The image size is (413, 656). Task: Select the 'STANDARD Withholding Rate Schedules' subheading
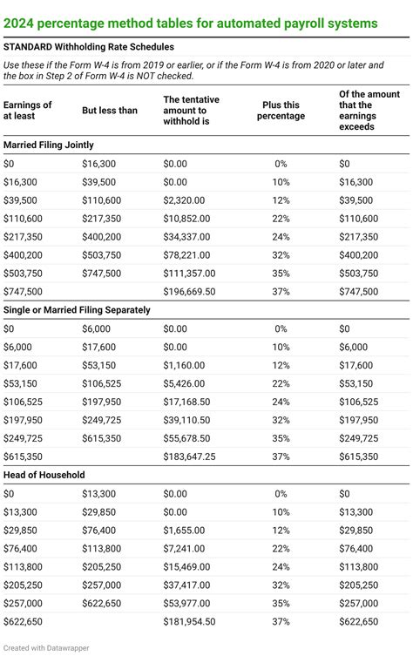click(x=88, y=46)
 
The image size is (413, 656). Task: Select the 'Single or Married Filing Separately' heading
click(x=78, y=309)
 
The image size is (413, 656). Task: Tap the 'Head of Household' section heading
click(x=45, y=476)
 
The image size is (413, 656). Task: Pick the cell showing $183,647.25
click(x=193, y=455)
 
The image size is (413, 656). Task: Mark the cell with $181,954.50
click(x=193, y=621)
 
